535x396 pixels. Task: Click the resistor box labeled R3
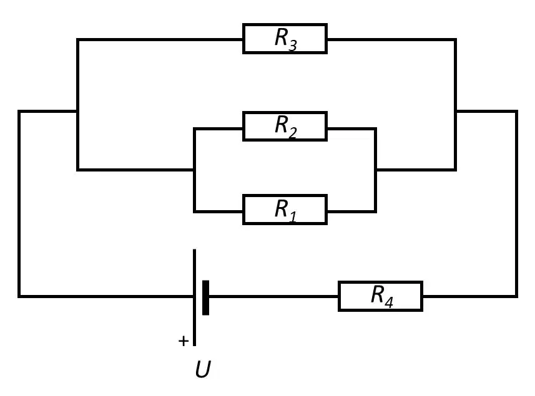click(285, 39)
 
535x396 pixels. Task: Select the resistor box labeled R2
click(285, 126)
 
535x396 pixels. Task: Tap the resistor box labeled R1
click(285, 210)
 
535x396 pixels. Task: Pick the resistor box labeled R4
click(380, 296)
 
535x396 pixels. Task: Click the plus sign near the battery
click(184, 340)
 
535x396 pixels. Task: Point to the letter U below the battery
click(203, 369)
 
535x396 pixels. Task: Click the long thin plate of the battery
click(195, 297)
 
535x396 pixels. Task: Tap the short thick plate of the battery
click(206, 297)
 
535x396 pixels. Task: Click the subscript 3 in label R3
click(293, 46)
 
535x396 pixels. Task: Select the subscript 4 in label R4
click(389, 302)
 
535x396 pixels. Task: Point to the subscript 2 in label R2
click(292, 133)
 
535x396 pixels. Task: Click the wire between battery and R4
click(273, 296)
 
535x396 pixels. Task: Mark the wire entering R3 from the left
click(160, 40)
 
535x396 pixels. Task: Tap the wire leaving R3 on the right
click(392, 40)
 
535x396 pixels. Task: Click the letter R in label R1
click(282, 208)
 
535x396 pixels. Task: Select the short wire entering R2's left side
click(218, 129)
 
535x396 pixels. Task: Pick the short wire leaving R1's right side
click(351, 211)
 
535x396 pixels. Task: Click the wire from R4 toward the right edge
click(470, 296)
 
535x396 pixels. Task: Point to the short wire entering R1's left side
click(218, 211)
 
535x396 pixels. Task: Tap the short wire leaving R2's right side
click(351, 129)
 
